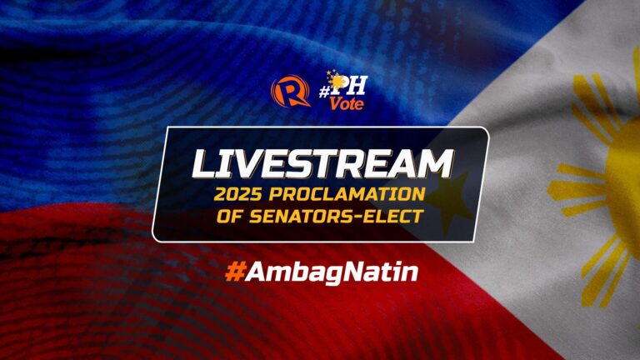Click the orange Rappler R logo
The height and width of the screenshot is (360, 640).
[289, 92]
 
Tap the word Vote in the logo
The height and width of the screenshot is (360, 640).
[347, 104]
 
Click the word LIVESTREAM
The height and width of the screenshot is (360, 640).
[322, 164]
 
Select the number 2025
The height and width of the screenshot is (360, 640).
[238, 194]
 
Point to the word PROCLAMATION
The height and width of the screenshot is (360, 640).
[347, 194]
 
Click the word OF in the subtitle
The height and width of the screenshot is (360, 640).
[230, 217]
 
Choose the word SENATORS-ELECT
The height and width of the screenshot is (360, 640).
[336, 217]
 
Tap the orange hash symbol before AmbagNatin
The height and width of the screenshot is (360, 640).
[235, 272]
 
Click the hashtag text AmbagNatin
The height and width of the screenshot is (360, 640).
[332, 272]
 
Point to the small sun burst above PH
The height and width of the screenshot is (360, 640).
[336, 80]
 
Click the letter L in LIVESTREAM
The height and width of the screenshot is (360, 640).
[205, 164]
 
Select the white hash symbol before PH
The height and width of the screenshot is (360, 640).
[324, 92]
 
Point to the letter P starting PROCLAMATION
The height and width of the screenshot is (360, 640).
[276, 194]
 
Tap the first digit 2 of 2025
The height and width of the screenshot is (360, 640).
[220, 194]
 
